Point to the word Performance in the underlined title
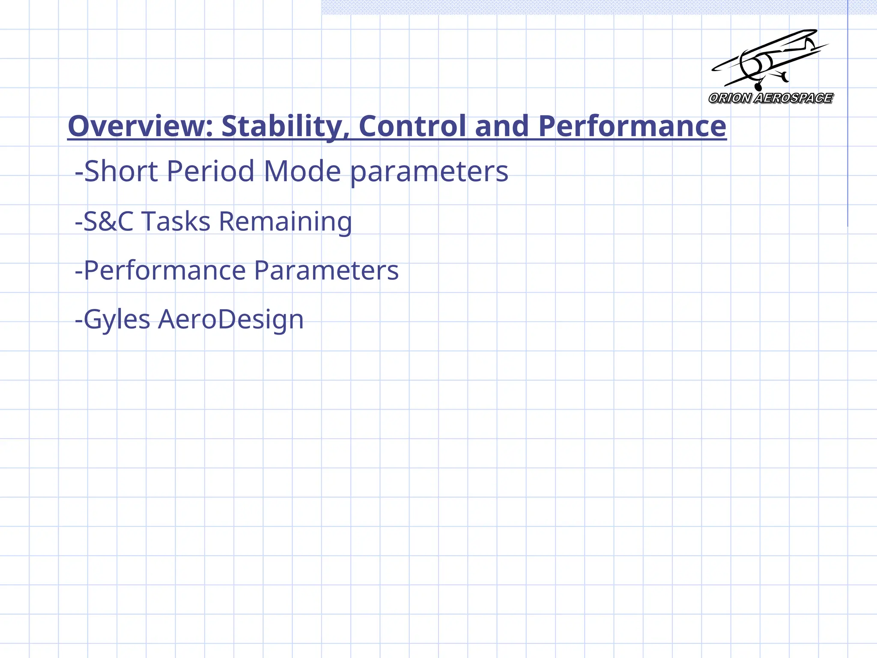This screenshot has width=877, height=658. click(x=632, y=126)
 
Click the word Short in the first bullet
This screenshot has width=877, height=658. click(x=121, y=171)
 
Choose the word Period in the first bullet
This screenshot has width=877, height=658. click(x=210, y=171)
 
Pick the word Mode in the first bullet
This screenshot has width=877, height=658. click(x=302, y=171)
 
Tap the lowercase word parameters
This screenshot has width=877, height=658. click(x=429, y=172)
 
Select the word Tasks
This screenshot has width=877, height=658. click(x=176, y=221)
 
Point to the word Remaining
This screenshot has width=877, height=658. click(x=285, y=222)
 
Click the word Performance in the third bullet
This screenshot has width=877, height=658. click(x=165, y=271)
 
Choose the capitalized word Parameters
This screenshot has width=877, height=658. click(x=326, y=271)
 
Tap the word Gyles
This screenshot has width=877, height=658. click(x=117, y=320)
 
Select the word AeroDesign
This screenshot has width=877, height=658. click(x=231, y=320)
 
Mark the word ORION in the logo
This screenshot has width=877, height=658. click(x=730, y=98)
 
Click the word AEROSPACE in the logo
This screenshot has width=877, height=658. click(x=793, y=98)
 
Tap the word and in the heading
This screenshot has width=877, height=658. click(x=502, y=126)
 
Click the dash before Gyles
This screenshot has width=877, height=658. click(x=79, y=320)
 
